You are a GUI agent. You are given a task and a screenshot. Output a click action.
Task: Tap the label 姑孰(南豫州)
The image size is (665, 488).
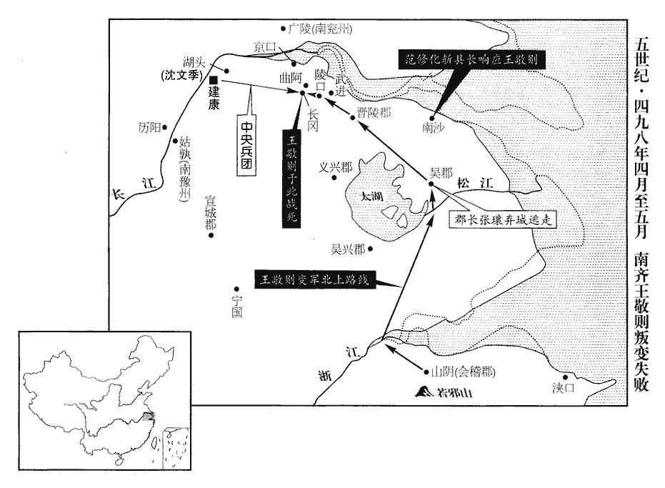(184, 169)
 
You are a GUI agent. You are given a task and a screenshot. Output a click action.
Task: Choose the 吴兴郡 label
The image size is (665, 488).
(348, 249)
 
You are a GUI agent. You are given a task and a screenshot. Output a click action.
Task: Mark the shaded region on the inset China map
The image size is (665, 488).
(149, 417)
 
